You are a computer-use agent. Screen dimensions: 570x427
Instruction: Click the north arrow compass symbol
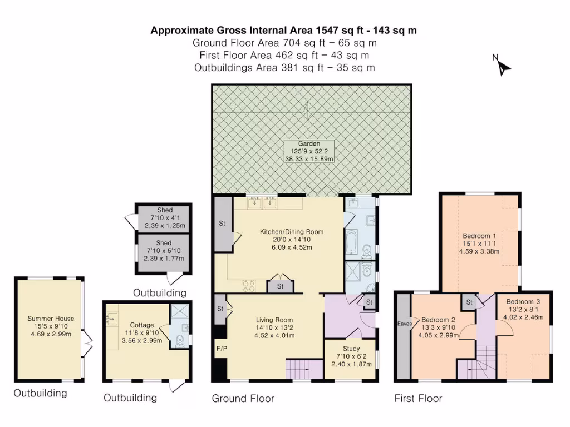tap(503, 68)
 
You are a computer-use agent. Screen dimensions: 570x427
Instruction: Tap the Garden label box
tap(309, 151)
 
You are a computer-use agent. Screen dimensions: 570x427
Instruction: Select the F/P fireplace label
tap(222, 349)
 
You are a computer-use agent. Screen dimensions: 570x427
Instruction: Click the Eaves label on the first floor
tap(404, 324)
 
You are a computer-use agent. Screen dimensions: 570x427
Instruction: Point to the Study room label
tap(351, 349)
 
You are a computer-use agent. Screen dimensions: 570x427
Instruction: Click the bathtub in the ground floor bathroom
tap(352, 241)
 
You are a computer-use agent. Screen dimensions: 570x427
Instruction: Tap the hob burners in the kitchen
tap(249, 286)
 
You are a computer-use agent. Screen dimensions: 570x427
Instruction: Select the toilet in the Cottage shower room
tap(180, 341)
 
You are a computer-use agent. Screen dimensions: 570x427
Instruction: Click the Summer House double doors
tap(87, 342)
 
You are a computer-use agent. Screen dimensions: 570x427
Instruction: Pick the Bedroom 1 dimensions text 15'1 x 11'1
tap(479, 244)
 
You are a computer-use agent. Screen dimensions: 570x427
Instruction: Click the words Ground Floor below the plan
tap(243, 398)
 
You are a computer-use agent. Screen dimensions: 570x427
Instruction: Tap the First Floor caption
tap(418, 398)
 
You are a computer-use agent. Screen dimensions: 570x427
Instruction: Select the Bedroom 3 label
tap(523, 301)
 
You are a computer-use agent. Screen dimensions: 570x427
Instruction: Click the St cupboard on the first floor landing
tap(469, 302)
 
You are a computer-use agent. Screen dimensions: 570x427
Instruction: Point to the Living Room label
tap(274, 320)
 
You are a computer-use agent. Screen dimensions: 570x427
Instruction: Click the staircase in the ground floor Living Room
tap(304, 369)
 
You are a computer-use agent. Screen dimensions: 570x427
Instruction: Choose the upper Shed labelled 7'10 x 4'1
tap(164, 218)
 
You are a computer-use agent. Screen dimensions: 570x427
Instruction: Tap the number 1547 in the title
tap(327, 30)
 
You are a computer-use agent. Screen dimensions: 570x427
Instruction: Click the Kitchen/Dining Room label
tap(292, 232)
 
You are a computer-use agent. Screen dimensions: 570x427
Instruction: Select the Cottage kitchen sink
tap(112, 319)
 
